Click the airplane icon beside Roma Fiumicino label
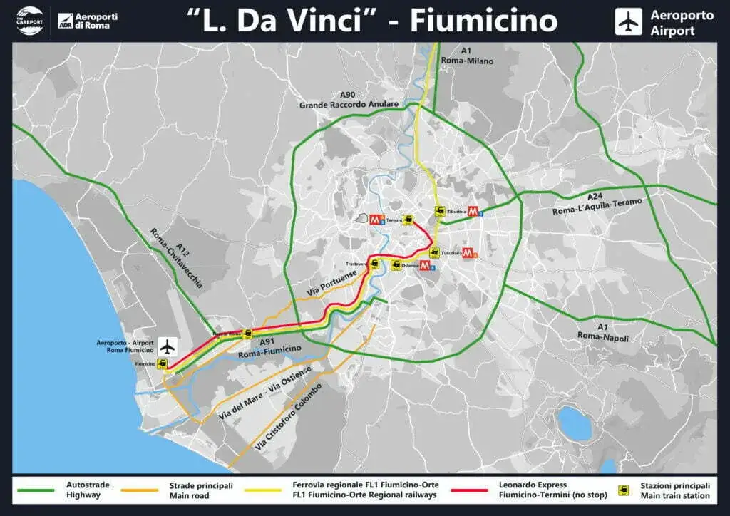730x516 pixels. [x=168, y=347]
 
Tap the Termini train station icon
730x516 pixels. [x=408, y=220]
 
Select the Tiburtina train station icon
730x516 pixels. [x=440, y=212]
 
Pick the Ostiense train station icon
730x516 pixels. [x=395, y=266]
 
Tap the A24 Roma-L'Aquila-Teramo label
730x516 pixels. [x=597, y=204]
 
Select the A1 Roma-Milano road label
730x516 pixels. [x=477, y=56]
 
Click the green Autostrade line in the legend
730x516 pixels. [x=36, y=490]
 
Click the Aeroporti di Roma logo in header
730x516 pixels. [x=88, y=21]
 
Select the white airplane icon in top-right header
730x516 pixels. [x=628, y=21]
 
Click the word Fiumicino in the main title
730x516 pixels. [x=483, y=21]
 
